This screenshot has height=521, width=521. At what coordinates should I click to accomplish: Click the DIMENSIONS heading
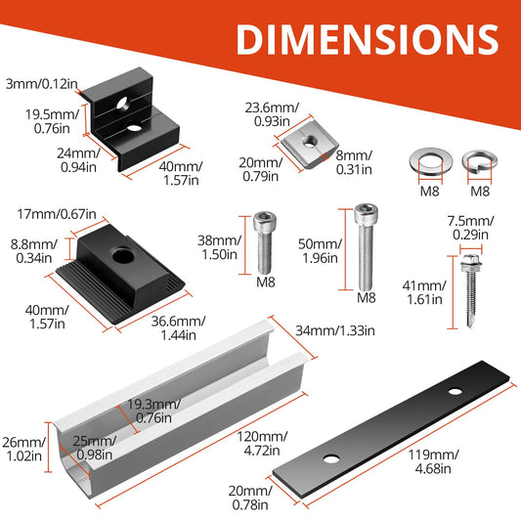click(x=368, y=39)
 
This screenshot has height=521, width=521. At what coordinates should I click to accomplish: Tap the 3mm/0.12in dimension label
click(x=41, y=84)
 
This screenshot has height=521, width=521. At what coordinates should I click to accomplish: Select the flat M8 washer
click(x=431, y=161)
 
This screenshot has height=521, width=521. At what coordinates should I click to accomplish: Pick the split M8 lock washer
click(x=480, y=162)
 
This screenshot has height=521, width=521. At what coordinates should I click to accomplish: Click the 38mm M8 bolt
click(x=265, y=242)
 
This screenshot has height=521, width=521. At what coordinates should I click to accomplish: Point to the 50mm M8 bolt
click(x=366, y=247)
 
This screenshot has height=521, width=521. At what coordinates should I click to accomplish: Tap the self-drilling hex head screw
click(x=470, y=290)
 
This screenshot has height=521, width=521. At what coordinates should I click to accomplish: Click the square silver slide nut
click(x=309, y=149)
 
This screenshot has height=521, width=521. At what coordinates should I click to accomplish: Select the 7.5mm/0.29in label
click(x=470, y=228)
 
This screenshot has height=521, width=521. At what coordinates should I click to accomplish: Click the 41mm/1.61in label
click(x=424, y=292)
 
